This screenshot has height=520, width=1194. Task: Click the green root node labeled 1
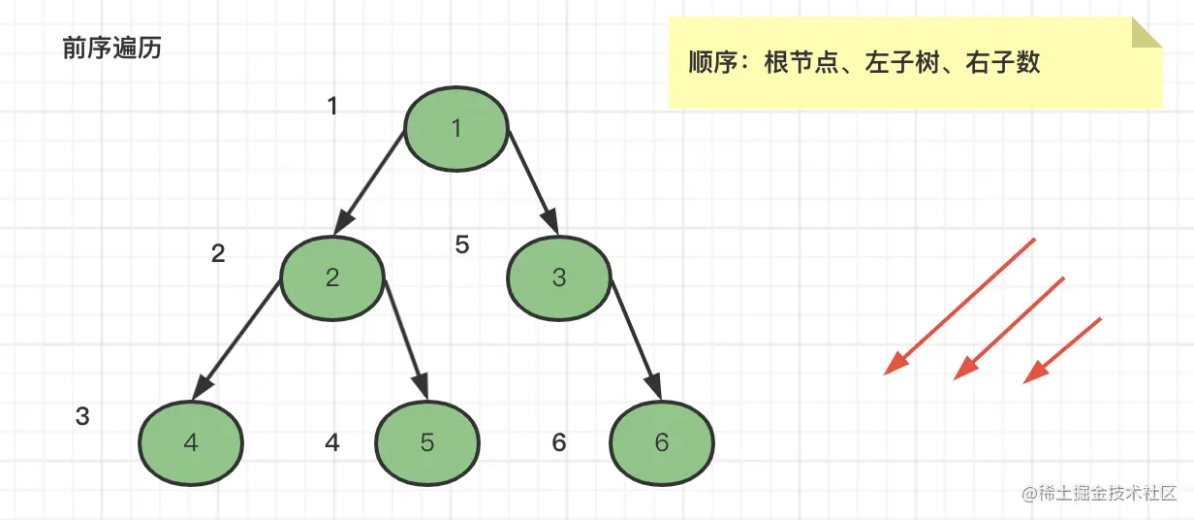point(456,130)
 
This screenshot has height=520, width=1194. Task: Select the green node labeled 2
point(332,277)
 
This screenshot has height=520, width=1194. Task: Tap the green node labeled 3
point(559,277)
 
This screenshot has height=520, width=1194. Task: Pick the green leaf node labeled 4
point(191,442)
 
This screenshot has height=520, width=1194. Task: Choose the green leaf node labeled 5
point(427,442)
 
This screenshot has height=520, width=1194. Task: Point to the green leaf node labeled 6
point(662,442)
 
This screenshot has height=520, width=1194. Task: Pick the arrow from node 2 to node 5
point(406,340)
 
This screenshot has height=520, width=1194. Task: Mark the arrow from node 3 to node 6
point(636,340)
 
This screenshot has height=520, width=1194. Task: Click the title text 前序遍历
point(111,49)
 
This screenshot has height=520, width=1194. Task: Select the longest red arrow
point(960,306)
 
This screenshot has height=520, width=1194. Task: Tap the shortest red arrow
point(1063,349)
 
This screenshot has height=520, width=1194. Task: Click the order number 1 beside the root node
point(332,106)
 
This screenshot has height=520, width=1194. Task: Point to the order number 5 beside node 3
point(462,245)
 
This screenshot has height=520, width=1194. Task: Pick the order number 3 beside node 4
point(82,417)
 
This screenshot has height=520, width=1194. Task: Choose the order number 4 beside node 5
point(332,443)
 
